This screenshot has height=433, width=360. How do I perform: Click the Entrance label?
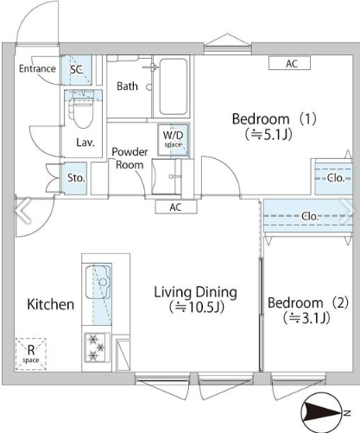37,68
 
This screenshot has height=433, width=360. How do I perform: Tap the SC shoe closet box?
77,70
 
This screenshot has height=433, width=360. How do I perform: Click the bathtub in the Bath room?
174,86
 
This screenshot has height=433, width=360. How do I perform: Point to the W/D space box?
174,140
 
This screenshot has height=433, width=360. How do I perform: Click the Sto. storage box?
75,178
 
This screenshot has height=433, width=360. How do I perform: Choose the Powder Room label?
129,158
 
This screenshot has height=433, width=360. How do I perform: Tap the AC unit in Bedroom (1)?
289,63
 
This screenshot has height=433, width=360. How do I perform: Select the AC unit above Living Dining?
176,207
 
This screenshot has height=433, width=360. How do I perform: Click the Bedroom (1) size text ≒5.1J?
268,134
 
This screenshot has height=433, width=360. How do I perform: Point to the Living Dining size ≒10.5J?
197,307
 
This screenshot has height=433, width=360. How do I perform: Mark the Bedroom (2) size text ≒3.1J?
306,318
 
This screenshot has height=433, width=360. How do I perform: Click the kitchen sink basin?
98,283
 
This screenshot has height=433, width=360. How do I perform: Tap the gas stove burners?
97,347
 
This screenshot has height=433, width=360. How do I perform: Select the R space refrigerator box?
31,354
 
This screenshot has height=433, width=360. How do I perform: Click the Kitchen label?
51,304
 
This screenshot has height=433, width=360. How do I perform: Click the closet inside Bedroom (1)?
333,178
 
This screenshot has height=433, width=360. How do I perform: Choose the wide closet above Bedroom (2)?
308,216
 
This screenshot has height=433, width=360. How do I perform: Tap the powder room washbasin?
167,176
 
